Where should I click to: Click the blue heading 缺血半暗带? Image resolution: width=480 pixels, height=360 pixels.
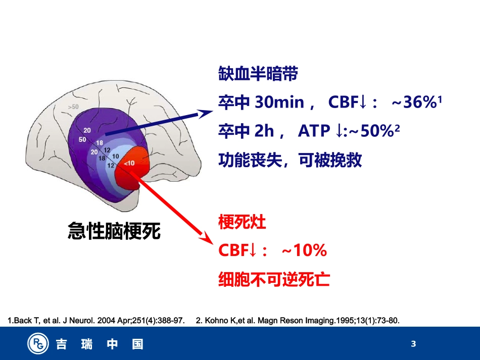coord(258,74)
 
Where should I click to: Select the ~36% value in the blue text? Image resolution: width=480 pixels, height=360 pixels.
coord(413,103)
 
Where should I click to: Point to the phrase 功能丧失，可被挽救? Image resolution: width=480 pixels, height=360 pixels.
coord(290,161)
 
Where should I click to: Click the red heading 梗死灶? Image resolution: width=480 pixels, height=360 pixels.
coord(242,222)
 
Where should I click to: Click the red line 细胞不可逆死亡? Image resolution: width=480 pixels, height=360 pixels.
coord(274,279)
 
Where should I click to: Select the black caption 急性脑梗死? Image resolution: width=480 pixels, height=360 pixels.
coord(114,231)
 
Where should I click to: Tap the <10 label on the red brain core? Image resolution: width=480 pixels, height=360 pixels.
coord(129,163)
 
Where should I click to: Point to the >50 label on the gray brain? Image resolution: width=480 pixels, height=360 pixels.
coord(73,107)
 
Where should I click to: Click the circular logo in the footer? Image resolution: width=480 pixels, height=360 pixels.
coord(38,344)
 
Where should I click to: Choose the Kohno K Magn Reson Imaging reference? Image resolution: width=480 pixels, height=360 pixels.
coord(297,321)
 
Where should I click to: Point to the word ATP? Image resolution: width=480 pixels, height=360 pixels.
coord(313,132)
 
